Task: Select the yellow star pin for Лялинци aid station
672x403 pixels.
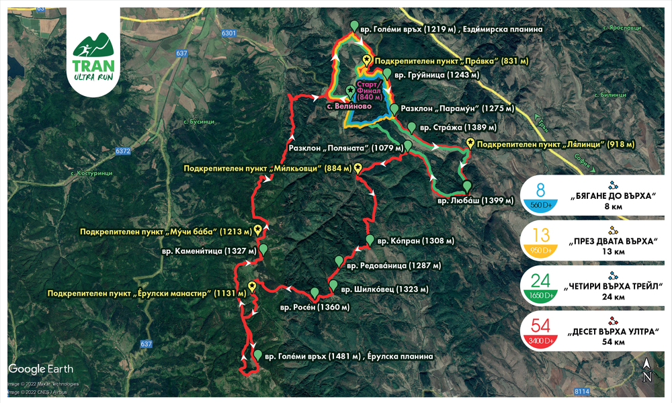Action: (470, 142)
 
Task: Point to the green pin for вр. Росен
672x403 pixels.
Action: (314, 293)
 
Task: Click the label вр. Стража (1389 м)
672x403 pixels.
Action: (458, 127)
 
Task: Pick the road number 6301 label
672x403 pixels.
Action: (230, 33)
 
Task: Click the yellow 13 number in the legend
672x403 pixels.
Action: (542, 235)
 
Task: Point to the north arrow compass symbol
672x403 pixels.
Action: (646, 369)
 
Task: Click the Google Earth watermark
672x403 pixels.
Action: (40, 368)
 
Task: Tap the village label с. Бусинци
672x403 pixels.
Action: (199, 121)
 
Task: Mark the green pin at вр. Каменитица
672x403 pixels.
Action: (263, 249)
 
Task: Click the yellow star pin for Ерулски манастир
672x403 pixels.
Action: (252, 285)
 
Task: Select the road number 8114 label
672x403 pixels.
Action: (581, 390)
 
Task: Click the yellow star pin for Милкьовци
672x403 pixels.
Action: (358, 168)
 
